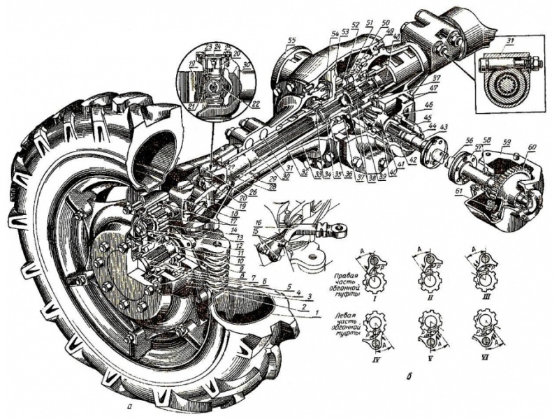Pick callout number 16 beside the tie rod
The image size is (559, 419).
tap(258, 222)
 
